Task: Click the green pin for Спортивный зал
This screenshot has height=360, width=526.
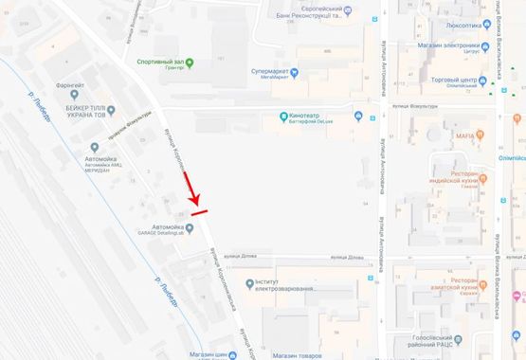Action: (190, 63)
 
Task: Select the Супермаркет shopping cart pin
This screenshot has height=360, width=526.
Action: (294, 72)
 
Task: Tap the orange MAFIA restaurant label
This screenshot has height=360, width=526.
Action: (464, 137)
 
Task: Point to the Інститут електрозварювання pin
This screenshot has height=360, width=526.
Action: (248, 282)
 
